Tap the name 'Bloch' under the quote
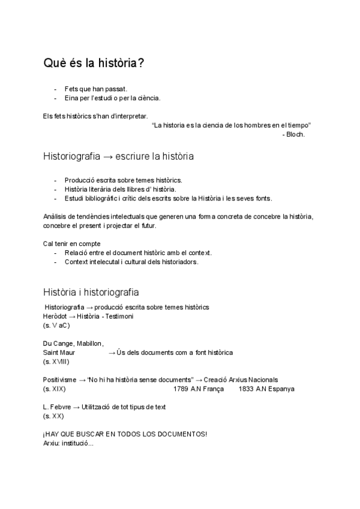coord(296,134)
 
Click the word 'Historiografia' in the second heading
coord(71,157)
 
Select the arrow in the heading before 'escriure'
coord(108,157)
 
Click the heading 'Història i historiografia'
coord(91,292)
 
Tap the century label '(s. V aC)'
coord(56,325)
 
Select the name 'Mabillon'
coord(89,343)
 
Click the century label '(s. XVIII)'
coord(56,362)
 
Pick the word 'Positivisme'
coord(59,380)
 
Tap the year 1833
coord(245,389)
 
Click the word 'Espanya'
coord(281,389)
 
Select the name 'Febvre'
coord(60,407)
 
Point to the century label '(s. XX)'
coord(53,416)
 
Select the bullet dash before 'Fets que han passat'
coord(55,89)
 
